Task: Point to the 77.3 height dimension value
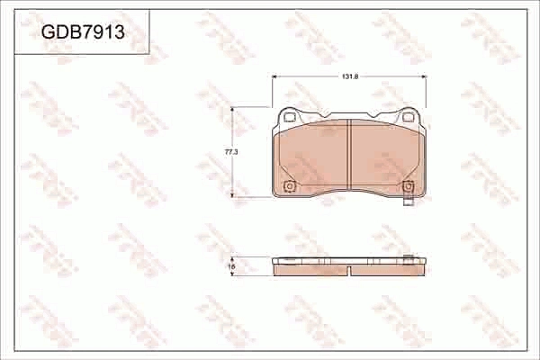click(230, 153)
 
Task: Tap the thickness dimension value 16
click(231, 266)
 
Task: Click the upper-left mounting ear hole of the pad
click(289, 115)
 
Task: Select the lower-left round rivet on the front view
click(289, 187)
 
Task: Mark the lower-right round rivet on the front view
click(409, 187)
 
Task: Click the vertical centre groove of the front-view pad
click(349, 155)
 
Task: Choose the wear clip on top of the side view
click(409, 260)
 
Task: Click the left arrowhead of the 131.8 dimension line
click(274, 78)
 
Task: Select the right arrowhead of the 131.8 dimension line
click(424, 78)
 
